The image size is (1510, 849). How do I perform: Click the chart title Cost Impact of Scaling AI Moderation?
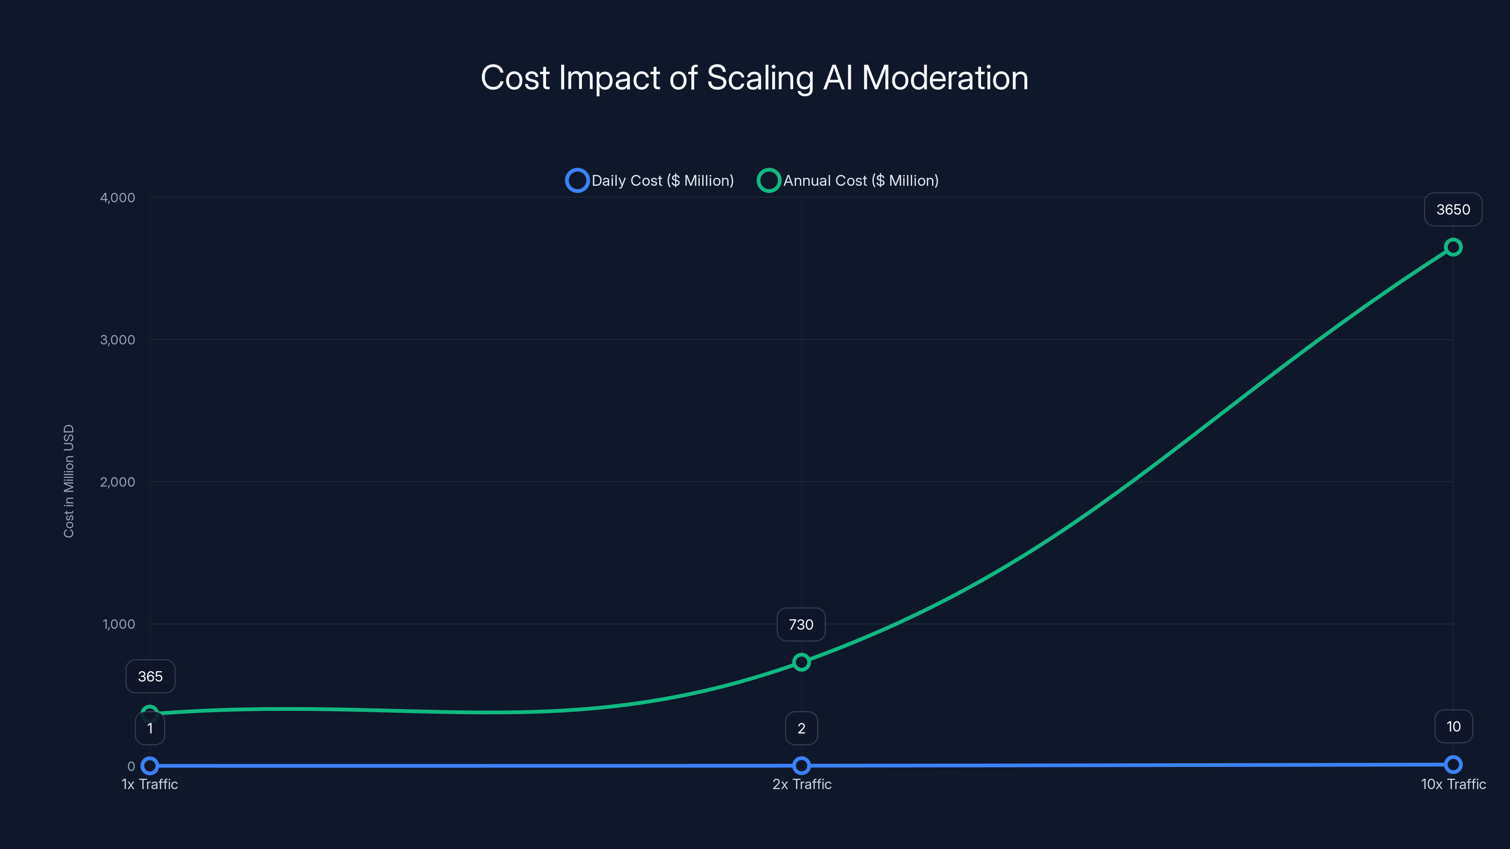[755, 78]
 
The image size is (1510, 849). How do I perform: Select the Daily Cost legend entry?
[649, 181]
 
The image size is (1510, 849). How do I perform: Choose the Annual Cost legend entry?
[847, 181]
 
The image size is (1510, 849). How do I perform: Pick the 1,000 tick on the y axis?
[118, 624]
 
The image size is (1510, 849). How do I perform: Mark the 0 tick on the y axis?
[131, 766]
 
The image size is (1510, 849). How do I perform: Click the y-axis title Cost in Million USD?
[68, 481]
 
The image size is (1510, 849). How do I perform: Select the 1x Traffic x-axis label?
[150, 784]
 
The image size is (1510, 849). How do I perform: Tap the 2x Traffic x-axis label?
[801, 784]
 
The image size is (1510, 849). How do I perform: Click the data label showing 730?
[801, 624]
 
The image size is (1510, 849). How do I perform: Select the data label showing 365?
[150, 676]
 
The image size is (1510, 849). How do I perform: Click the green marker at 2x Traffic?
[801, 662]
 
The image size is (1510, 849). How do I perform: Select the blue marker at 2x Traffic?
[801, 765]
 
